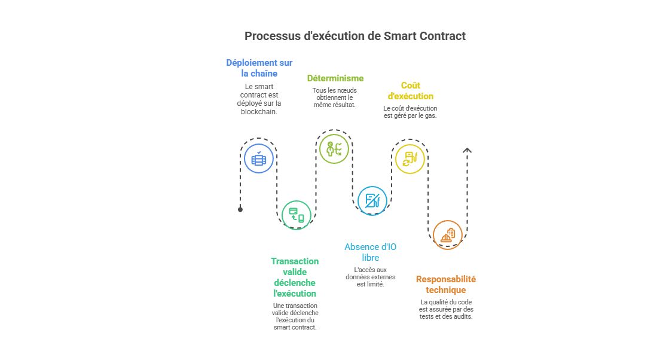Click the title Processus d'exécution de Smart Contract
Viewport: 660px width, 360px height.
pos(355,36)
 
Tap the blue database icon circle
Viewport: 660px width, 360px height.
pos(259,158)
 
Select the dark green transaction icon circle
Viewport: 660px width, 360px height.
pos(297,215)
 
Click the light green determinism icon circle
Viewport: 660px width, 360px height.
pos(334,149)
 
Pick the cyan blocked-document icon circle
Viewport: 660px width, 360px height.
pos(372,200)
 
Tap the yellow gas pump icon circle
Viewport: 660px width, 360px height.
pos(410,158)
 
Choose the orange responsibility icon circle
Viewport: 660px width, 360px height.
pos(447,235)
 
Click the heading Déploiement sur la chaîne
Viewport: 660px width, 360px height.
pos(259,68)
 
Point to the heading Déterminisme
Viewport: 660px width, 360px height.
pos(335,78)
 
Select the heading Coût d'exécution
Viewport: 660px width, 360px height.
pos(410,90)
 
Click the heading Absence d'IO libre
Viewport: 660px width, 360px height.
pos(370,252)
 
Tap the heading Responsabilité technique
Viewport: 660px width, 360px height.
pos(445,284)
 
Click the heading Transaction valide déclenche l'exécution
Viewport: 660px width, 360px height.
pos(295,277)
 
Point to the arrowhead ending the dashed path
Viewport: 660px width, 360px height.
pos(467,151)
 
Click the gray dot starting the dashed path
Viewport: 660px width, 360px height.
pos(240,209)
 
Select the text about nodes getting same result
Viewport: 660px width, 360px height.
pos(334,97)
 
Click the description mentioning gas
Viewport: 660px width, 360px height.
pos(410,112)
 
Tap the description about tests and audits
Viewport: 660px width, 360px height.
pos(446,309)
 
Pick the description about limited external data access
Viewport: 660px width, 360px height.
pos(370,277)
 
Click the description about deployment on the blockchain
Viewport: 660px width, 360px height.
pos(259,99)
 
